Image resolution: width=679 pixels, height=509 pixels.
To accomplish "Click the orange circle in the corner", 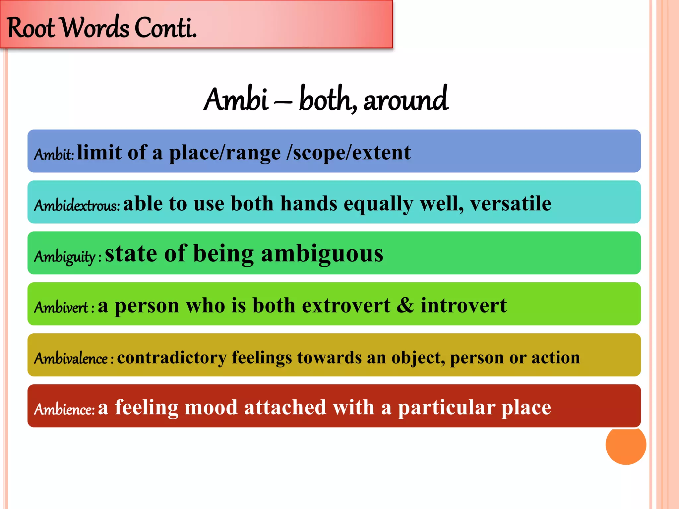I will [626, 445].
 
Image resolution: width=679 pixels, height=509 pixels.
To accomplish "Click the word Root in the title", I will [31, 28].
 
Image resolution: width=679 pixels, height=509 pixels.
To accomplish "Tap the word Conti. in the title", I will [165, 28].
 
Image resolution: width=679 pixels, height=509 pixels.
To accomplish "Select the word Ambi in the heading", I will [236, 99].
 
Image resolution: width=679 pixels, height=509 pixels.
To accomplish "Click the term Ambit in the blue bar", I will [53, 154].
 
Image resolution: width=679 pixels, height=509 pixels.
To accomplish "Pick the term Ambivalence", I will [71, 358].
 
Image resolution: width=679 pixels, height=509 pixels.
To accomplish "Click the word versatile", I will [511, 203].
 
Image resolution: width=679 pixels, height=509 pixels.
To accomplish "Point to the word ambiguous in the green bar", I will [322, 254].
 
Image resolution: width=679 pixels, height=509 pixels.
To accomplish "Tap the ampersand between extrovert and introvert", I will [405, 305].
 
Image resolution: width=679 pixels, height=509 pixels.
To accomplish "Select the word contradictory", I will [172, 357].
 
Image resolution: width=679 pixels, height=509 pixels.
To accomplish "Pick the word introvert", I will [463, 305].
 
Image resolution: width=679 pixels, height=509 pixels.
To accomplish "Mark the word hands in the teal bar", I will [309, 203].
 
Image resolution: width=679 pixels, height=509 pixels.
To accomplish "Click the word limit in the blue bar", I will [99, 152].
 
